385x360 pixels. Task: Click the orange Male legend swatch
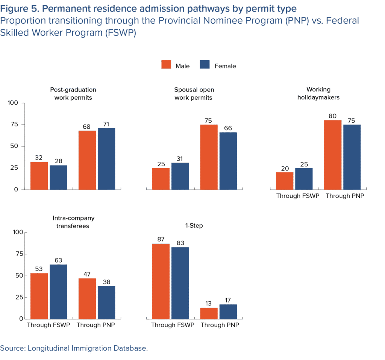(x=166, y=64)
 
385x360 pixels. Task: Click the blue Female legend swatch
(x=204, y=64)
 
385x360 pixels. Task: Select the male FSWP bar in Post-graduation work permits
(x=39, y=176)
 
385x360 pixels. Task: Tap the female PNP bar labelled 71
(x=106, y=158)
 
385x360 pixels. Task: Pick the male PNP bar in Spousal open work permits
(x=209, y=157)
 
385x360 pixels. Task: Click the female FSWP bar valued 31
(x=180, y=176)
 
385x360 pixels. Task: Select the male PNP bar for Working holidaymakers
(x=333, y=155)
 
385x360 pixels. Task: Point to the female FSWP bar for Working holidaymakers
(x=304, y=178)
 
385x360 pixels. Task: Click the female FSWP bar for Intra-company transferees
(x=58, y=292)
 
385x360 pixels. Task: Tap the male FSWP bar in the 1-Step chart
(x=161, y=281)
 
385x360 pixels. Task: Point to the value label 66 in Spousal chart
(x=228, y=128)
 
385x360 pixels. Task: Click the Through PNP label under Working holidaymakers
(x=344, y=196)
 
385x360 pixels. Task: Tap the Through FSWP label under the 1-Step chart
(x=173, y=325)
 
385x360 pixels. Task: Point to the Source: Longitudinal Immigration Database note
(x=74, y=348)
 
